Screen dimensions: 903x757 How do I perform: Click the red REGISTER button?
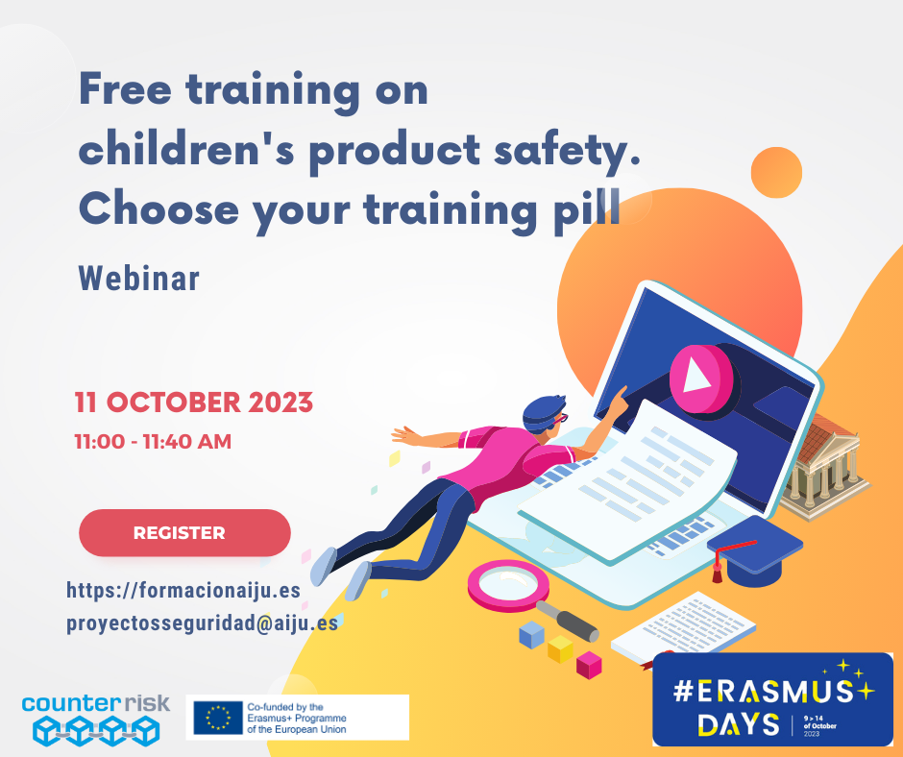tap(184, 532)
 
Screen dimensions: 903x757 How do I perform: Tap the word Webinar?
tap(139, 279)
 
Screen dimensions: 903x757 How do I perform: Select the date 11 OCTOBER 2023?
tap(193, 403)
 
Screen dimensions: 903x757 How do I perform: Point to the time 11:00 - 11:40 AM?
tap(153, 441)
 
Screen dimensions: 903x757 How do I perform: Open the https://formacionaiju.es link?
tap(183, 590)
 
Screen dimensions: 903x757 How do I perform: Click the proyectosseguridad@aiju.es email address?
tap(202, 623)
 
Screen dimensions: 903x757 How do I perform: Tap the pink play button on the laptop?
tap(701, 378)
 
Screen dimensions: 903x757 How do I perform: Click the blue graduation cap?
tap(754, 550)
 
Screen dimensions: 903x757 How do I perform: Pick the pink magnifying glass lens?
tap(508, 585)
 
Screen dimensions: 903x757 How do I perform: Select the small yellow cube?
tap(560, 649)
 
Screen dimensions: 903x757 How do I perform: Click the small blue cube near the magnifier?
tap(531, 635)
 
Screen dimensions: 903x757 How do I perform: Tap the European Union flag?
tap(218, 718)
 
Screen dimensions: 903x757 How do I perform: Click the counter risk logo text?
tap(96, 703)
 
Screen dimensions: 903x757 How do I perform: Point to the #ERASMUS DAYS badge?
tap(773, 698)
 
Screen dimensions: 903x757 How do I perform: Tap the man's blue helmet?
tap(543, 412)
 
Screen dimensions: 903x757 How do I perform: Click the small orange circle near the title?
tap(776, 172)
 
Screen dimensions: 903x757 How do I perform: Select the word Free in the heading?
tap(125, 89)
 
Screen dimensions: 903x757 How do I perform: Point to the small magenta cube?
tap(589, 666)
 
